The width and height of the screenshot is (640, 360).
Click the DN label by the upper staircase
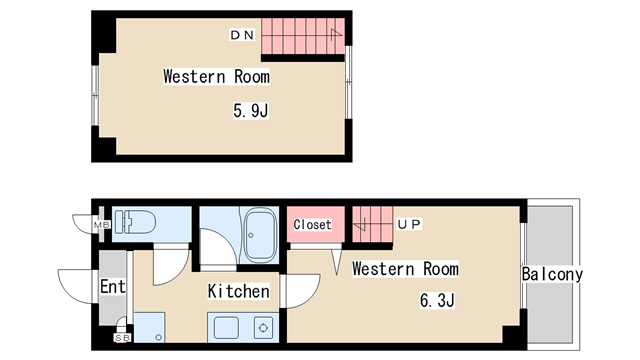(242, 35)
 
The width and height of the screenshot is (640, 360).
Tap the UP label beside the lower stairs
(409, 224)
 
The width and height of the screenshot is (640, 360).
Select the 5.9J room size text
(251, 110)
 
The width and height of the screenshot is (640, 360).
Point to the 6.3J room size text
(437, 300)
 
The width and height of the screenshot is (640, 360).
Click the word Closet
(312, 224)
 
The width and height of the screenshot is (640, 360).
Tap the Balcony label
(552, 274)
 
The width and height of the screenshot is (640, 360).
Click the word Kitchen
(238, 291)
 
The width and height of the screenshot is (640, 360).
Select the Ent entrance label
(113, 286)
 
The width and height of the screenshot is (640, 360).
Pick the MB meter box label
(102, 225)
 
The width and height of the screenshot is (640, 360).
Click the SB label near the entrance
(122, 338)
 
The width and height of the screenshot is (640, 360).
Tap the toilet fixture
(135, 222)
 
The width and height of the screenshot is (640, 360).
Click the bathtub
(260, 235)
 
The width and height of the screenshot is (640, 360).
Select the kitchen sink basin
(226, 327)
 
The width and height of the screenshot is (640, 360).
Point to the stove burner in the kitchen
(263, 327)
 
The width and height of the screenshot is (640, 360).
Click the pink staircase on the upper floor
(303, 36)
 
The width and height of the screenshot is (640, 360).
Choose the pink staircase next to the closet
(372, 224)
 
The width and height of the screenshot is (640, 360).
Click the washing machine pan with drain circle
(149, 327)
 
